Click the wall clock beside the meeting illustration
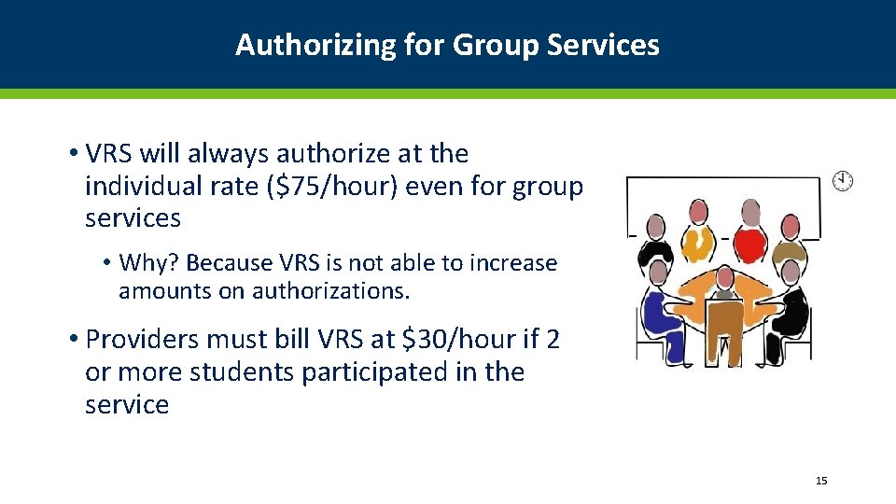point(843,181)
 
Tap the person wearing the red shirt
point(749,242)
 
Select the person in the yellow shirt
point(696,243)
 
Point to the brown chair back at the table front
point(723,327)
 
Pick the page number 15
point(821,481)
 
